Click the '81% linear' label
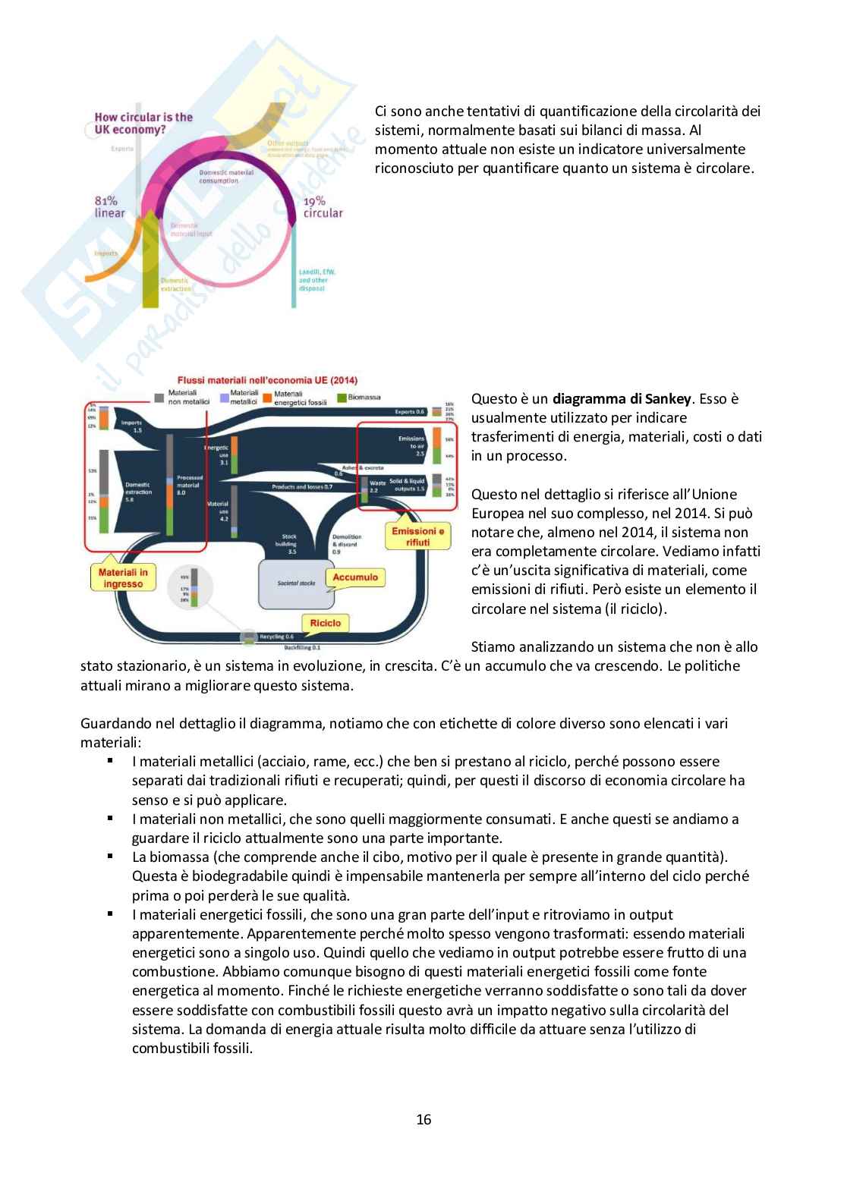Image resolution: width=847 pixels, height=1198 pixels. coord(109,206)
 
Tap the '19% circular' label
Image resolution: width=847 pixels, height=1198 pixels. coord(323,206)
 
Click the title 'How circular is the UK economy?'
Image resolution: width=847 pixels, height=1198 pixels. coord(143,123)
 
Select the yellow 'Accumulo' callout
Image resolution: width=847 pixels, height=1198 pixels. coord(354,577)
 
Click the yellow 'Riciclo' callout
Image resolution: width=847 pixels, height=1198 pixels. coord(326,623)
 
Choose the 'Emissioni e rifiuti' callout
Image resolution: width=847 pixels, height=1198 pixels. coord(417,536)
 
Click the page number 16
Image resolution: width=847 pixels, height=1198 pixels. coord(423,1119)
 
